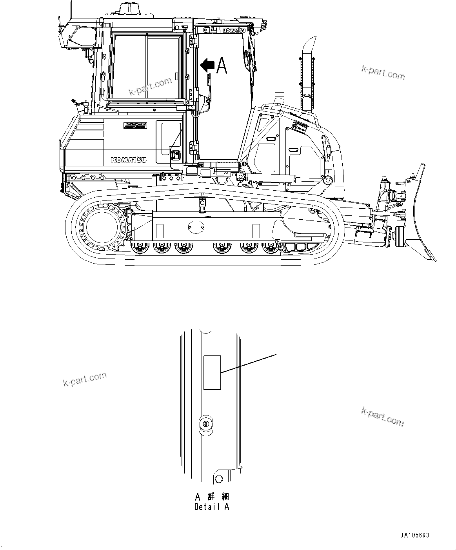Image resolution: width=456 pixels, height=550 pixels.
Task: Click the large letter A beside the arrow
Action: pyautogui.click(x=222, y=66)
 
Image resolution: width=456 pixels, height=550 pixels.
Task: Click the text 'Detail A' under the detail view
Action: pyautogui.click(x=212, y=507)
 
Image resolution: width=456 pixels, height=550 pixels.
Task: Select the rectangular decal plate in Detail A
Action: pyautogui.click(x=213, y=373)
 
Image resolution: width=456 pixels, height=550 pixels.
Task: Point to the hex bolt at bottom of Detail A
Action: pyautogui.click(x=219, y=479)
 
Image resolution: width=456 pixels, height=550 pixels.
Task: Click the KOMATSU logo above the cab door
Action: pyautogui.click(x=234, y=31)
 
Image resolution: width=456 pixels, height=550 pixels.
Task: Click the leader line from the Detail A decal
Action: pyautogui.click(x=249, y=363)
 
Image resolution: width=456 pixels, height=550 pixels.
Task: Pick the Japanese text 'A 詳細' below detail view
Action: pyautogui.click(x=212, y=497)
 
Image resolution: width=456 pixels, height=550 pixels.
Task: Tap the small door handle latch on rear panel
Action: pyautogui.click(x=175, y=156)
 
